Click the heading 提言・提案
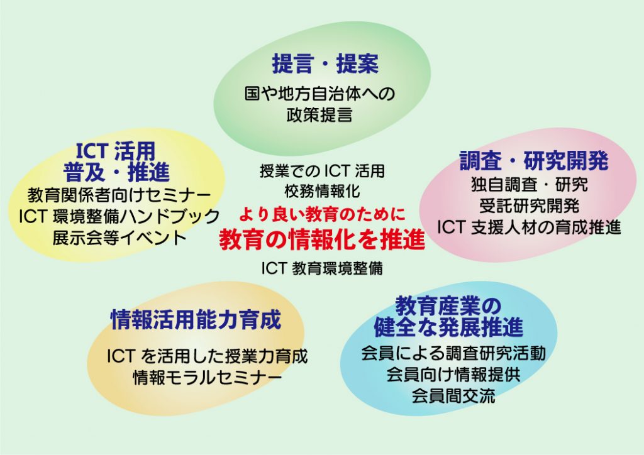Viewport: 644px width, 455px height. [325, 63]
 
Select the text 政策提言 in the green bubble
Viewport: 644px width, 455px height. [319, 114]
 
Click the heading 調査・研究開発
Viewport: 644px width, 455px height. [533, 160]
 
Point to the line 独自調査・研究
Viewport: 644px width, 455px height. [530, 185]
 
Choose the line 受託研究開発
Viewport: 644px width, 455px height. [530, 206]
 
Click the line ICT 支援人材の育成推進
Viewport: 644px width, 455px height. [529, 227]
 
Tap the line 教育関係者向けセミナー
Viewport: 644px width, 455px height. [119, 195]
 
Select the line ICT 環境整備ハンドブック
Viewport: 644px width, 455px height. [119, 216]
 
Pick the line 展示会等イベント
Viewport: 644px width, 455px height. [119, 238]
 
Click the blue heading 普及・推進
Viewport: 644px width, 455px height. [116, 172]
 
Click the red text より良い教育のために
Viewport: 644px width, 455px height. [322, 214]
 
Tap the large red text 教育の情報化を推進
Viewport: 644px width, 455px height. [322, 239]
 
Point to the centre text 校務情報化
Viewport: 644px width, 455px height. [323, 191]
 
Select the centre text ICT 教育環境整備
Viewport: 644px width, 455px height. [322, 268]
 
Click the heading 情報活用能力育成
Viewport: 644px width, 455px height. [196, 320]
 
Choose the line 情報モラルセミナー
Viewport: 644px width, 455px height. [208, 378]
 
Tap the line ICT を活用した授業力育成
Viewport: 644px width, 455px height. [208, 356]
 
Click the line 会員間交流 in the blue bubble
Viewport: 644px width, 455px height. [453, 395]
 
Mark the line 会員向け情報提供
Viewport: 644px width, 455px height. [453, 374]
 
